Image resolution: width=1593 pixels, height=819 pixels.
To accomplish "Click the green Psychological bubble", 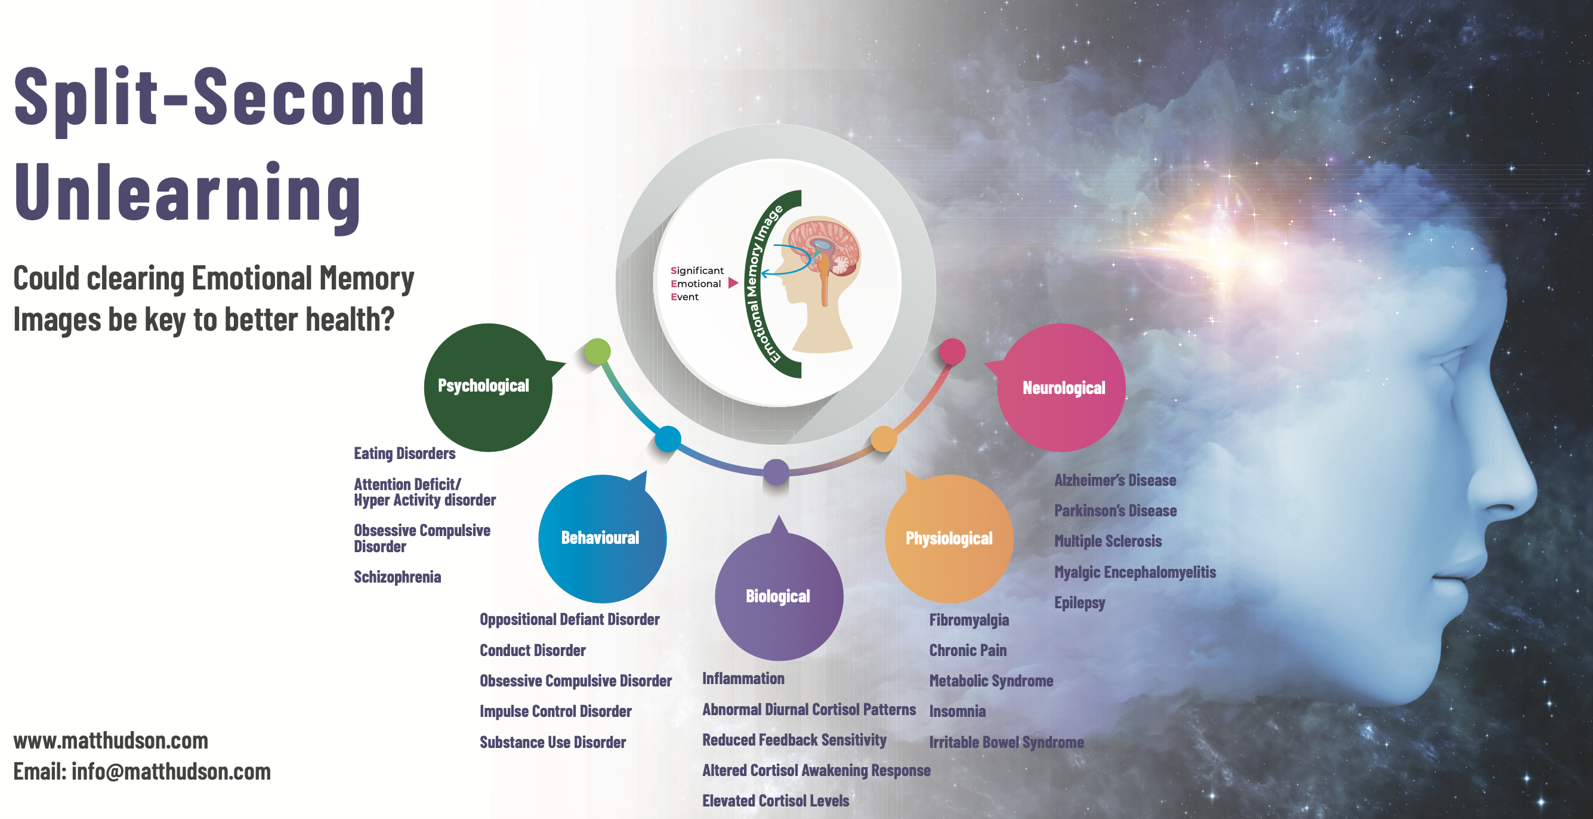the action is click(488, 387).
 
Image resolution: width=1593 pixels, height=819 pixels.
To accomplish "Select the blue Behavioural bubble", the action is click(603, 538).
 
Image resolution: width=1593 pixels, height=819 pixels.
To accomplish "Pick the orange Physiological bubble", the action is click(949, 538).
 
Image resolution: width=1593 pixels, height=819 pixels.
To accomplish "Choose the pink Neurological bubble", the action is click(1061, 387).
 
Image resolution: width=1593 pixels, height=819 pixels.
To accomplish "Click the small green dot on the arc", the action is click(597, 352).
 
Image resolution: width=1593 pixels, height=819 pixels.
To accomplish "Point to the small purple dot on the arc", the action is click(776, 473).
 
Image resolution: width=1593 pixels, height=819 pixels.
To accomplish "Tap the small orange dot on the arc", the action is click(884, 439).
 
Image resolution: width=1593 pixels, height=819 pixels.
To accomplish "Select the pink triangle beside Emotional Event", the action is click(733, 284).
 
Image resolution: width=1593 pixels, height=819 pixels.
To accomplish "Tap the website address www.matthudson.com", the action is click(111, 740).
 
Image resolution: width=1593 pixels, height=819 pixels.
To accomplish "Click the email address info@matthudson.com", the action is click(171, 771).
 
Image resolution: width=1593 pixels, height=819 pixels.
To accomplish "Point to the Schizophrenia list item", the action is click(397, 577).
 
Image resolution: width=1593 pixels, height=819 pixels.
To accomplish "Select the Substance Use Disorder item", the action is click(553, 743).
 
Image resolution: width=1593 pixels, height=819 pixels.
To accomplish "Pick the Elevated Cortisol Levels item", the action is click(776, 801).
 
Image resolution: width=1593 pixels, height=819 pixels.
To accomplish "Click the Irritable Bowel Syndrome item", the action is click(1007, 743).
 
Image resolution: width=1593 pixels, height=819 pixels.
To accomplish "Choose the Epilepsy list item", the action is click(1080, 602).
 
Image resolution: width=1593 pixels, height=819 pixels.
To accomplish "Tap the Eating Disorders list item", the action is click(405, 454).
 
